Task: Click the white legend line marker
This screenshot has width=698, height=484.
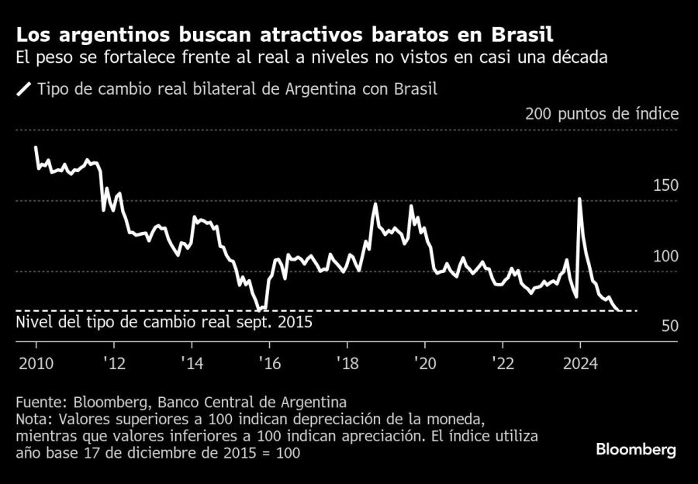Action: point(23,89)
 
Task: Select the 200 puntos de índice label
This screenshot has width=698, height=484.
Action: point(602,114)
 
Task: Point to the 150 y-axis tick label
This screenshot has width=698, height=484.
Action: point(666,185)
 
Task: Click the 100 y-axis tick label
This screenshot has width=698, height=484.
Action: point(666,256)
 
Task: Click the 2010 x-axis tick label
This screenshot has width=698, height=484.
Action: point(36,363)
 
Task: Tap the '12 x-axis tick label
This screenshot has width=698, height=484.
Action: point(114,363)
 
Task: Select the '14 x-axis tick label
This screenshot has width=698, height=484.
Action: point(192,363)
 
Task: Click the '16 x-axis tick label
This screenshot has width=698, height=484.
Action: point(269,363)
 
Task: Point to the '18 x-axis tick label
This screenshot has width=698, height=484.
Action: point(347,363)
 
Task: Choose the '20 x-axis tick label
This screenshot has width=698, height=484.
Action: point(424,363)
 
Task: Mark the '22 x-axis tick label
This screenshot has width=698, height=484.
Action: point(502,363)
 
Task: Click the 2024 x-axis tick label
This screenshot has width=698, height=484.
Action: point(579,363)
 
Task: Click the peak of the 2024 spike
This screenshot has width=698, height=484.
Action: point(579,199)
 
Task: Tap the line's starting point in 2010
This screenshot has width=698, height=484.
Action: point(36,147)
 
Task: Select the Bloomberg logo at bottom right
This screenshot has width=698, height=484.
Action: point(635,450)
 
